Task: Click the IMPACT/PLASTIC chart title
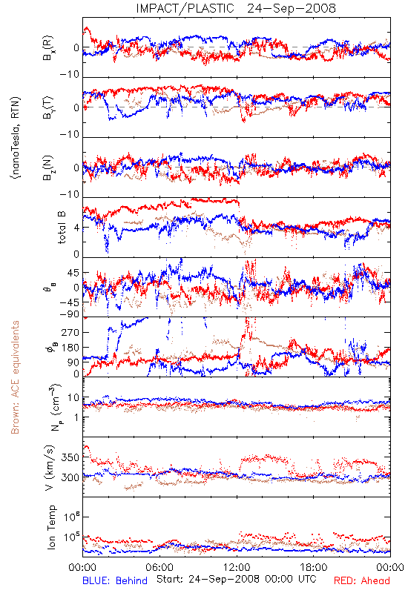[x=185, y=8]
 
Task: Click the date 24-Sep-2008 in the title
[x=292, y=8]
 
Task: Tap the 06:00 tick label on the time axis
[x=159, y=567]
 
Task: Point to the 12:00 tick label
[x=237, y=567]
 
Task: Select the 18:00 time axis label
[x=314, y=567]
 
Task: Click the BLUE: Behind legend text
[x=115, y=581]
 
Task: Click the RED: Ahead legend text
[x=361, y=581]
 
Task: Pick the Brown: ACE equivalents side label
[x=15, y=377]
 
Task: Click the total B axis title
[x=62, y=227]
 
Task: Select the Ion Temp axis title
[x=52, y=527]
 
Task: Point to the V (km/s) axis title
[x=50, y=468]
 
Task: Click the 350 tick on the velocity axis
[x=70, y=457]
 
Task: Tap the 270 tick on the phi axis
[x=70, y=332]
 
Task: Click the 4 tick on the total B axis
[x=76, y=228]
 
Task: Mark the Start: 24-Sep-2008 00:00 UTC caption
[x=237, y=579]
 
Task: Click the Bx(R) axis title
[x=48, y=48]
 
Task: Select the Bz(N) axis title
[x=48, y=168]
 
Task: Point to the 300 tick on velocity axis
[x=70, y=477]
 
